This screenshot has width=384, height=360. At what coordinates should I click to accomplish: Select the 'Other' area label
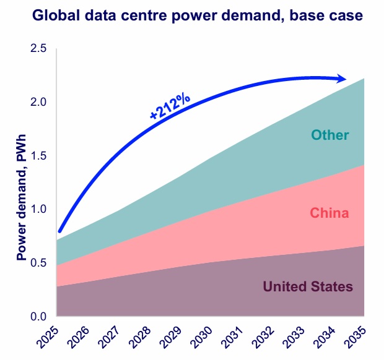tap(330, 135)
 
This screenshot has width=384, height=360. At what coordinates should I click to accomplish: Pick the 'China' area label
tap(329, 213)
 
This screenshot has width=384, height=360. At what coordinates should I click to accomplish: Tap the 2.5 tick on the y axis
tap(38, 49)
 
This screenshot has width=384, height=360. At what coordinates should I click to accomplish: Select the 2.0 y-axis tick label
tap(38, 102)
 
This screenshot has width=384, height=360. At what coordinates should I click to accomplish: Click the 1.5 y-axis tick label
tap(38, 156)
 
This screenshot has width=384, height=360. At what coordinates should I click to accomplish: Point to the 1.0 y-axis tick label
tap(38, 209)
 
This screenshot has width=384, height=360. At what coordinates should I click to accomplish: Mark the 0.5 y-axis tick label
tap(38, 263)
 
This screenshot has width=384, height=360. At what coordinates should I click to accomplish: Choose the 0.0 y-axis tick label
tap(38, 316)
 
